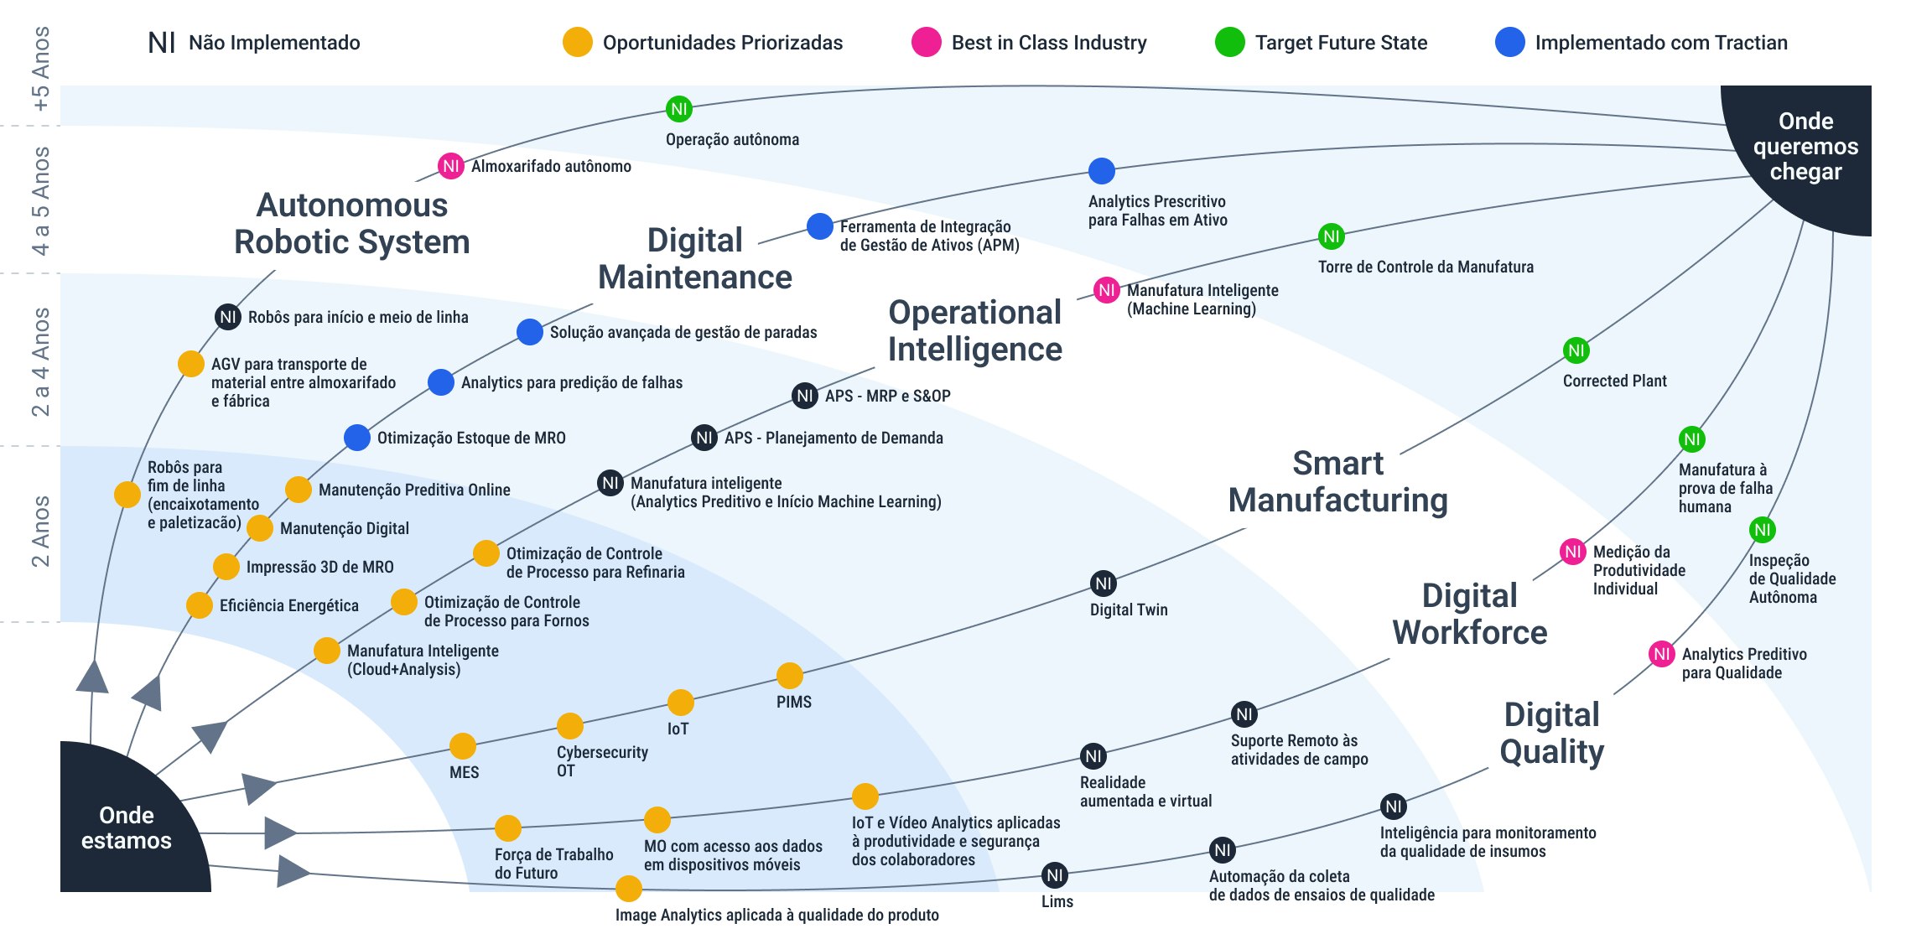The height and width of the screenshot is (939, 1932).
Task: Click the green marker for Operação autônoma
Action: [x=679, y=108]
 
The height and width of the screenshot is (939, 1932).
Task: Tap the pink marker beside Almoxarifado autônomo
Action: [x=450, y=166]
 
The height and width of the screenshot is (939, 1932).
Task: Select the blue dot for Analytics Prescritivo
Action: [x=1101, y=171]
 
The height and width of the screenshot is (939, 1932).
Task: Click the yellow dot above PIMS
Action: [x=789, y=675]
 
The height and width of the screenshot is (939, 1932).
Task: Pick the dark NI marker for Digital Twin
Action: [x=1104, y=584]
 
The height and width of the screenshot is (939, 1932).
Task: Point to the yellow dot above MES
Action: [x=463, y=745]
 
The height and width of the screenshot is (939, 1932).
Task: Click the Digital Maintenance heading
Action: [x=694, y=258]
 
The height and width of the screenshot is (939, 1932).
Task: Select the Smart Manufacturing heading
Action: [x=1337, y=482]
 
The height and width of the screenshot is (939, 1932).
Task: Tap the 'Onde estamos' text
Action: [x=127, y=827]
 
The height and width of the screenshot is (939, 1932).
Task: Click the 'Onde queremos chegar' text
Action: [x=1805, y=146]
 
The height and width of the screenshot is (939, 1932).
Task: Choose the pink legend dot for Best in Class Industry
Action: [x=926, y=42]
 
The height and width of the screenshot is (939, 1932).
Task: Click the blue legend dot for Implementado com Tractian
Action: [x=1509, y=42]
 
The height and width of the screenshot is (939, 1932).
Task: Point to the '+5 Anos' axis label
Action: [x=40, y=69]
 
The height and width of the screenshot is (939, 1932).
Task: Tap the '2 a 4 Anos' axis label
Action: [x=40, y=362]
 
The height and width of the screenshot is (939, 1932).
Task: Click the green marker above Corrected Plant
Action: [x=1576, y=350]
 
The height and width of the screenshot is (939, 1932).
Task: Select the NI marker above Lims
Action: [x=1055, y=875]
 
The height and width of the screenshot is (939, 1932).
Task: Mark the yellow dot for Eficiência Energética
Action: [x=199, y=604]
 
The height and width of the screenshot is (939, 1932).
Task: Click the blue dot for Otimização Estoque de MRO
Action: [x=357, y=437]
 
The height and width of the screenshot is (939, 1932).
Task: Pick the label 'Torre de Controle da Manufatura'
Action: [x=1426, y=267]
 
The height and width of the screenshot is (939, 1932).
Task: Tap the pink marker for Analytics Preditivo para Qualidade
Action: [x=1661, y=654]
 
